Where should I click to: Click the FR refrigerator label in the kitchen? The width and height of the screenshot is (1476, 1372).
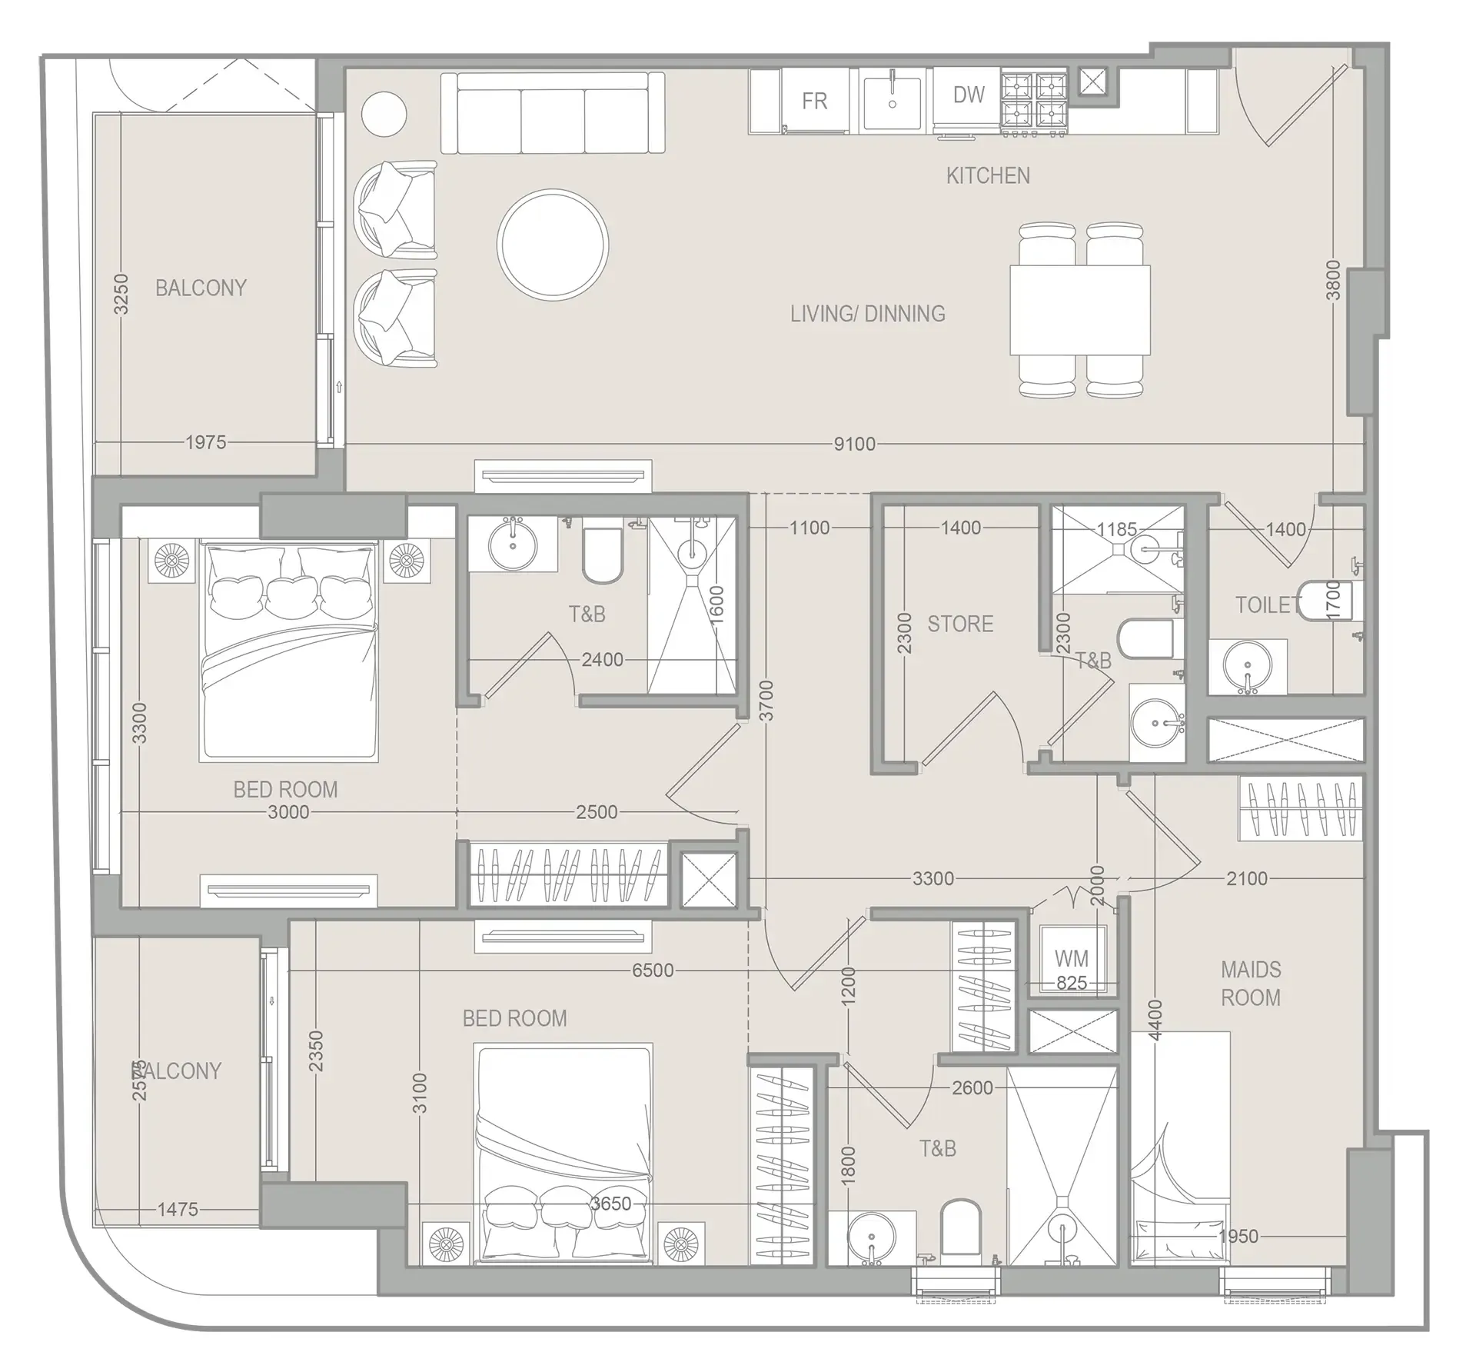[x=814, y=102]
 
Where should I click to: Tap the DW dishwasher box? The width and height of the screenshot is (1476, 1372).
[x=968, y=96]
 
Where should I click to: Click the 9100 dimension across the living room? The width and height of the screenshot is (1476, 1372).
[x=854, y=444]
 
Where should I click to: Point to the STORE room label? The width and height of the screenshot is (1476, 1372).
[x=960, y=623]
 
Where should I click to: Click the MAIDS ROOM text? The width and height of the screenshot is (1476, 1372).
[x=1251, y=984]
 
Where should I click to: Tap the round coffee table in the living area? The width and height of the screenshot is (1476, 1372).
[x=553, y=245]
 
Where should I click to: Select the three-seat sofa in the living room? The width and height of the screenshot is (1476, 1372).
[x=552, y=113]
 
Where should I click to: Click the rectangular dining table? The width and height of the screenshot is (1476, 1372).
[x=1080, y=309]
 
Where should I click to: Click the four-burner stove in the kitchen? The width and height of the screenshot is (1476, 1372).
[x=1034, y=101]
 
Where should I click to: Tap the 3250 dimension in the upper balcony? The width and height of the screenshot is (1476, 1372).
[x=121, y=294]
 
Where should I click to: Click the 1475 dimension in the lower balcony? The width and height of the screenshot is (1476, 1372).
[x=178, y=1209]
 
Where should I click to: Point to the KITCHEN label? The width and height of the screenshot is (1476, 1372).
[x=988, y=175]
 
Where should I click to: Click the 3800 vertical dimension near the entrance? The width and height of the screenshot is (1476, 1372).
[x=1334, y=281]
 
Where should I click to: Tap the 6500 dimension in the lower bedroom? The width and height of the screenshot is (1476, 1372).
[x=653, y=971]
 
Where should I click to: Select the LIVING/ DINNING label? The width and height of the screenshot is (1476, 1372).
[x=867, y=314]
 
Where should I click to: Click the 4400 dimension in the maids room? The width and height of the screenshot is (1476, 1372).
[x=1155, y=1020]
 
